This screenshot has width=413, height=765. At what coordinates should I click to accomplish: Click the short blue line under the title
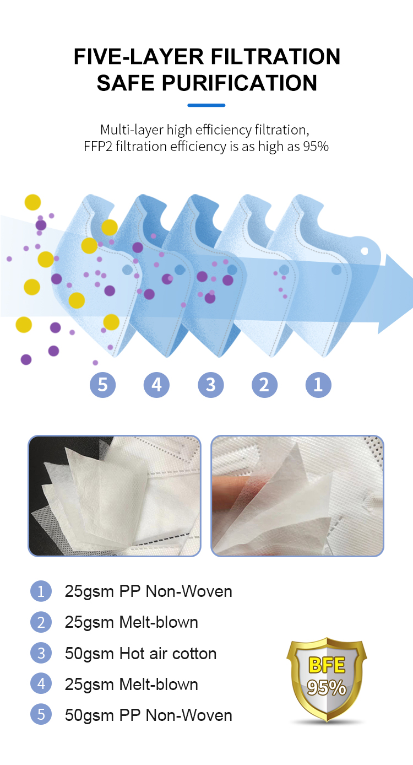pyautogui.click(x=206, y=105)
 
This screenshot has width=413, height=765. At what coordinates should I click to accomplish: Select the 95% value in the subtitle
pyautogui.click(x=316, y=147)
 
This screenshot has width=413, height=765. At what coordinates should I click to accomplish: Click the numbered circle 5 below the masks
pyautogui.click(x=102, y=385)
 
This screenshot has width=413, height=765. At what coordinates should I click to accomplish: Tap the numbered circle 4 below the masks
pyautogui.click(x=156, y=385)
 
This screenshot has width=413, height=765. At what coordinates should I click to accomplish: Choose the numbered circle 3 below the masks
pyautogui.click(x=210, y=385)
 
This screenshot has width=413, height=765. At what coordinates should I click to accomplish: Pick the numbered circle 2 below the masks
pyautogui.click(x=264, y=385)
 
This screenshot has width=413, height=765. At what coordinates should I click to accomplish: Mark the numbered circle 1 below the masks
pyautogui.click(x=318, y=385)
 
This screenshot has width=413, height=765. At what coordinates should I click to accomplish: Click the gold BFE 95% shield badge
pyautogui.click(x=327, y=678)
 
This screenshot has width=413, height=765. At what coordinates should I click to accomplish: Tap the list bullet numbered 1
pyautogui.click(x=41, y=591)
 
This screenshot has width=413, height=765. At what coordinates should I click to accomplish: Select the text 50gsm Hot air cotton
pyautogui.click(x=140, y=654)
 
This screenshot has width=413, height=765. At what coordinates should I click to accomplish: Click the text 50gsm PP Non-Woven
pyautogui.click(x=148, y=715)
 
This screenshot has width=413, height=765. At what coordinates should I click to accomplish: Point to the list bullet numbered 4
pyautogui.click(x=41, y=685)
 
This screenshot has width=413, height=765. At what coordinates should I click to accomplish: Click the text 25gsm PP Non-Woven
pyautogui.click(x=148, y=591)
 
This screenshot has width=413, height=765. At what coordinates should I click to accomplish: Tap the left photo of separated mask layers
pyautogui.click(x=115, y=495)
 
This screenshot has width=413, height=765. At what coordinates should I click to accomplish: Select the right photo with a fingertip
pyautogui.click(x=297, y=495)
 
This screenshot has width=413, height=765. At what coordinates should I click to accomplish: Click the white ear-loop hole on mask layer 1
pyautogui.click(x=364, y=251)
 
